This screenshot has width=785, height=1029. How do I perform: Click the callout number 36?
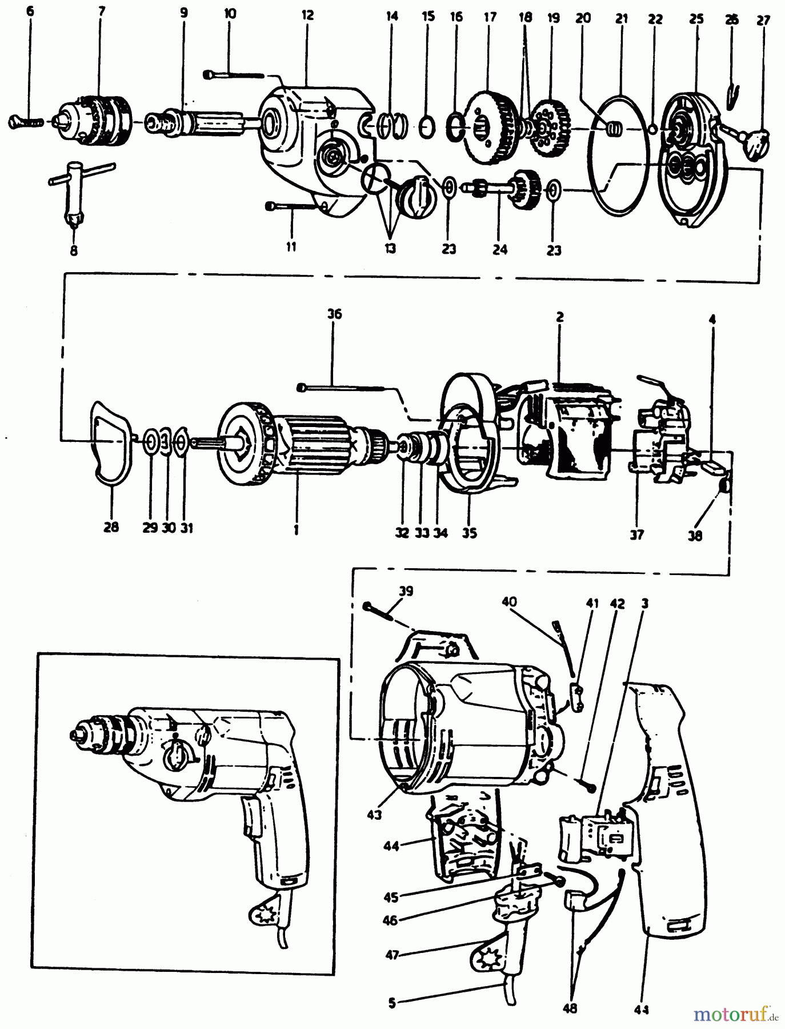pos(334,314)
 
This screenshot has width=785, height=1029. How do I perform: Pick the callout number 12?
pos(307,15)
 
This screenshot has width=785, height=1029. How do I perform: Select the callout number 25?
pos(696,19)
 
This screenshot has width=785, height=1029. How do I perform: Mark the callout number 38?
pos(695,536)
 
